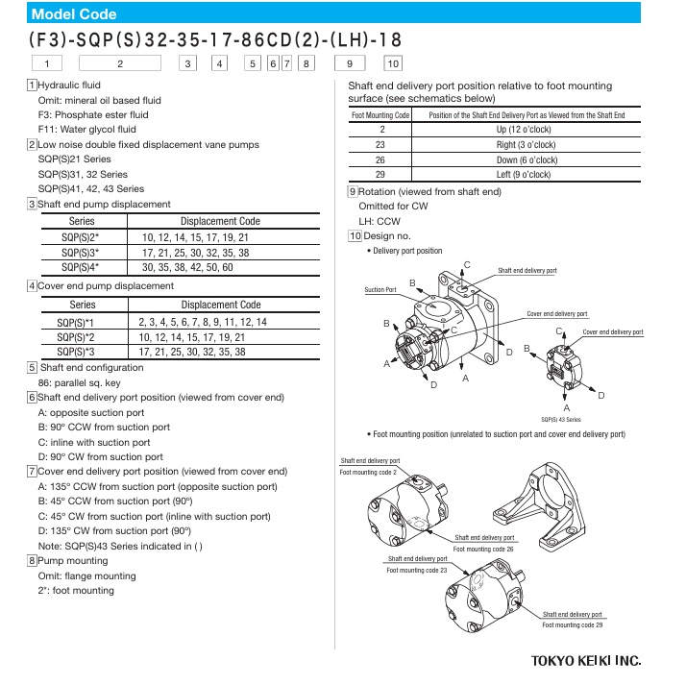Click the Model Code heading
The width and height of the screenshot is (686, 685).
[74, 14]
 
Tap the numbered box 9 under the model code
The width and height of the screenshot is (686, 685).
[350, 64]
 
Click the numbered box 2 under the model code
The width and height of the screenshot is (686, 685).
[120, 64]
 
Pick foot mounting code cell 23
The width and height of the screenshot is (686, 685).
[380, 145]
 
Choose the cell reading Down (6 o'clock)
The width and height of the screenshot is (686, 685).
[527, 159]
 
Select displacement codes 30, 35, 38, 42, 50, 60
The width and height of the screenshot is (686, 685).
[187, 267]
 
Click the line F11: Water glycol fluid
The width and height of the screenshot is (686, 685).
[86, 130]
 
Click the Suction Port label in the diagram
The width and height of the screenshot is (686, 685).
[380, 289]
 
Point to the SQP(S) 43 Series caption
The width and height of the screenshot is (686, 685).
[562, 420]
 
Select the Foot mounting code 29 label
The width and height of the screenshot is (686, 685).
[573, 625]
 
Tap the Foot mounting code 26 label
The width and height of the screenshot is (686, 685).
[483, 549]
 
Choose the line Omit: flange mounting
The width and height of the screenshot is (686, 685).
[86, 576]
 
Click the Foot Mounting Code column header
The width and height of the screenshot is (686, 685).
[380, 115]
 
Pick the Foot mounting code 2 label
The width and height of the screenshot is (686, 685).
[368, 473]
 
